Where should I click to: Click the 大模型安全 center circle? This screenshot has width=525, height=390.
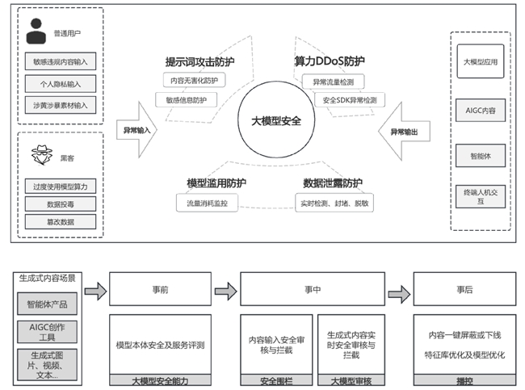tap(270, 122)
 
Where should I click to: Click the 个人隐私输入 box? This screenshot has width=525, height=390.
tap(60, 82)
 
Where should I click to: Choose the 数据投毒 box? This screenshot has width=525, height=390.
tap(60, 204)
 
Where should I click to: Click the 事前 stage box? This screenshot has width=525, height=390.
tap(159, 288)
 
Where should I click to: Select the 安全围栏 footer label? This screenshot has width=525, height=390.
tap(275, 379)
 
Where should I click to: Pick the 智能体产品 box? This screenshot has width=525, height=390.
tap(48, 306)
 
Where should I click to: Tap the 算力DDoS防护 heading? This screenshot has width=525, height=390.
tap(330, 61)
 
